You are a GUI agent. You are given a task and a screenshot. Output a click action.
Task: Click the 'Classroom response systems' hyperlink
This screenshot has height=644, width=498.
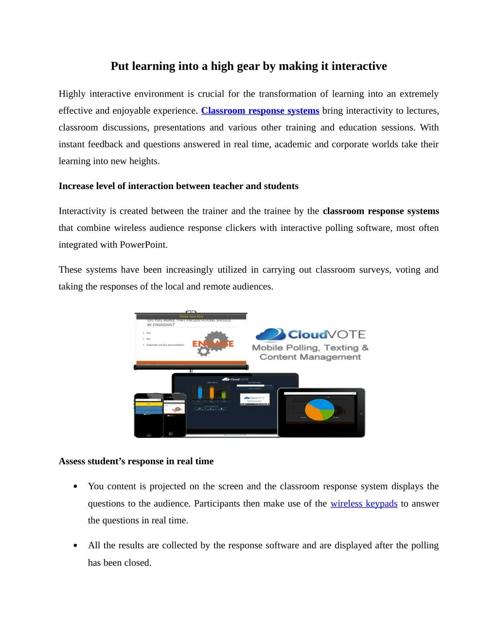click(260, 111)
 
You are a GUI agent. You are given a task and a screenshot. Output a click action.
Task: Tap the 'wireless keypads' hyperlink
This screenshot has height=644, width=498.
click(364, 504)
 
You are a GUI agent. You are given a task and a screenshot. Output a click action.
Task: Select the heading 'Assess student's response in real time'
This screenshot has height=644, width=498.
click(136, 461)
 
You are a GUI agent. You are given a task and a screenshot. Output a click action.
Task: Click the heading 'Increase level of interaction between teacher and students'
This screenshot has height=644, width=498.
click(178, 186)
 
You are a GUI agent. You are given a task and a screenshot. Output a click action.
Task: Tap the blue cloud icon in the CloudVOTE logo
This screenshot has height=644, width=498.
click(270, 334)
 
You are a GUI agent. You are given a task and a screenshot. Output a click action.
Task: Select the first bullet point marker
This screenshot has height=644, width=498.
click(75, 487)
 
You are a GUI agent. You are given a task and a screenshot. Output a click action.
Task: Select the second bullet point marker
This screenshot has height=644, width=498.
click(75, 546)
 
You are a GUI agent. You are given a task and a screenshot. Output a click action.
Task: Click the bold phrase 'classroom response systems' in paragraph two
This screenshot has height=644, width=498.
click(381, 211)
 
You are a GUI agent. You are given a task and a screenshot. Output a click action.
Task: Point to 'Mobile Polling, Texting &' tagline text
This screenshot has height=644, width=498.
click(310, 348)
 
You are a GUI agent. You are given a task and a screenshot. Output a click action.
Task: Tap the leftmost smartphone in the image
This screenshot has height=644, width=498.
click(148, 415)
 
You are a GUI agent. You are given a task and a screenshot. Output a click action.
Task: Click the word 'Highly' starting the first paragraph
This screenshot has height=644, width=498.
click(72, 94)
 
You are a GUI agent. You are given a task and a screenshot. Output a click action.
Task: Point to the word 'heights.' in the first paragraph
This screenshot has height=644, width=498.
click(144, 161)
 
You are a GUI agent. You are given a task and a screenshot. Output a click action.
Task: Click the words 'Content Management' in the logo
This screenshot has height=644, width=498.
click(310, 357)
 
